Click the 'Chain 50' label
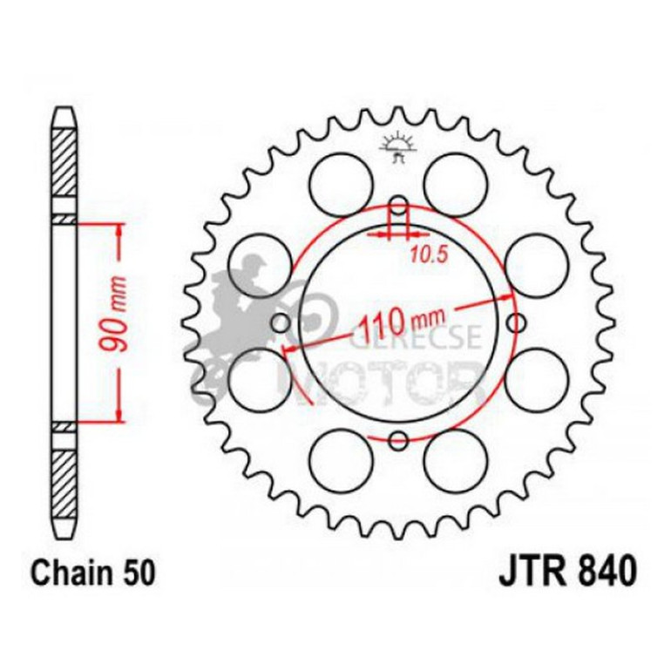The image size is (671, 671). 93,574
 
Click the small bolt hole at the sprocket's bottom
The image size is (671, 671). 398,440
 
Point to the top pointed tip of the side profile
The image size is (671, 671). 64,111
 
